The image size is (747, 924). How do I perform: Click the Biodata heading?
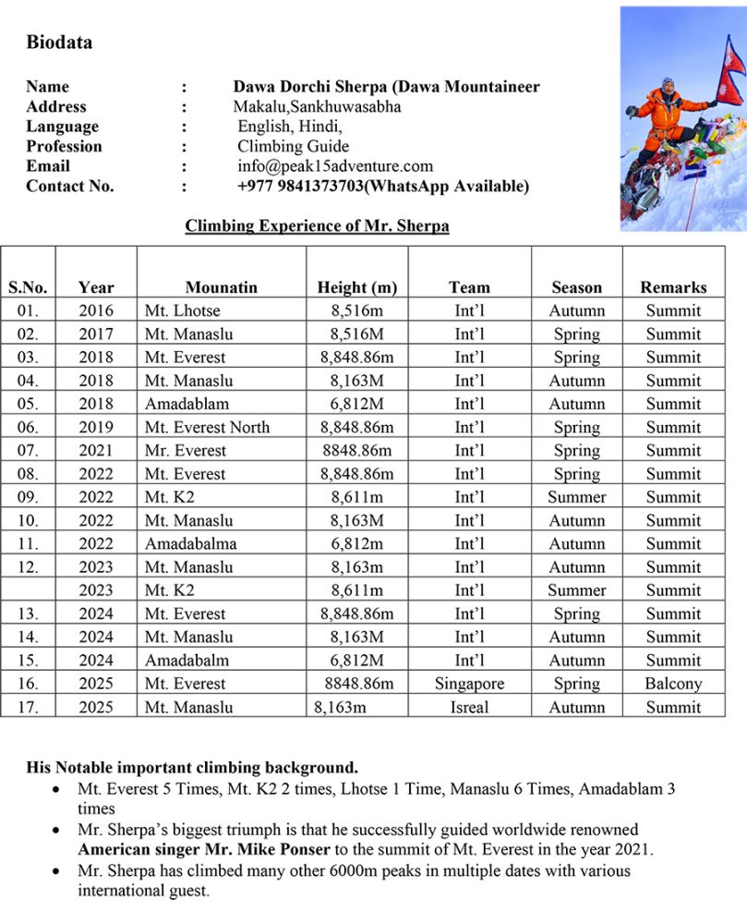coord(59,42)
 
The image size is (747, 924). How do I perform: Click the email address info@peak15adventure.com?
coord(335,166)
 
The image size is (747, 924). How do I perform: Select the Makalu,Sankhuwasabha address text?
coord(317,107)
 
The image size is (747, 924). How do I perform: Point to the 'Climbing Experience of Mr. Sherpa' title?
coord(317,225)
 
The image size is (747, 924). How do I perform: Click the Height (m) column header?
coord(356,287)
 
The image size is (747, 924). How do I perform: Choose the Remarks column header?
coord(673,287)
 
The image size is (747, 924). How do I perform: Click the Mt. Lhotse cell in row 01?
coord(182,310)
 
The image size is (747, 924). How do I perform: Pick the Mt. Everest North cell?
coord(207,427)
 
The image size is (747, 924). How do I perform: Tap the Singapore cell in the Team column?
coord(469,684)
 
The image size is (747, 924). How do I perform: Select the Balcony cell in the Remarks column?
coord(673,684)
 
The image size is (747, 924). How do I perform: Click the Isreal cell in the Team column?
coord(469,707)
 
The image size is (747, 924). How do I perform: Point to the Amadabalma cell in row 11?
coord(190,543)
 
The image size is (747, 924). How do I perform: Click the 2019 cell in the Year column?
coord(96,427)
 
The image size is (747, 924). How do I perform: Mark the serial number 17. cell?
coord(28,707)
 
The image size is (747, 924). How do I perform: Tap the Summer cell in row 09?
coord(577,497)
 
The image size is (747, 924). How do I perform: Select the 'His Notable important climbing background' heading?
coord(191,768)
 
